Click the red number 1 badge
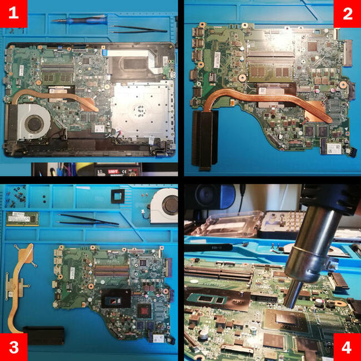(13, 14)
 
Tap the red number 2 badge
(347, 14)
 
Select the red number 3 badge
(13, 347)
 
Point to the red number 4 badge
(347, 347)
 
